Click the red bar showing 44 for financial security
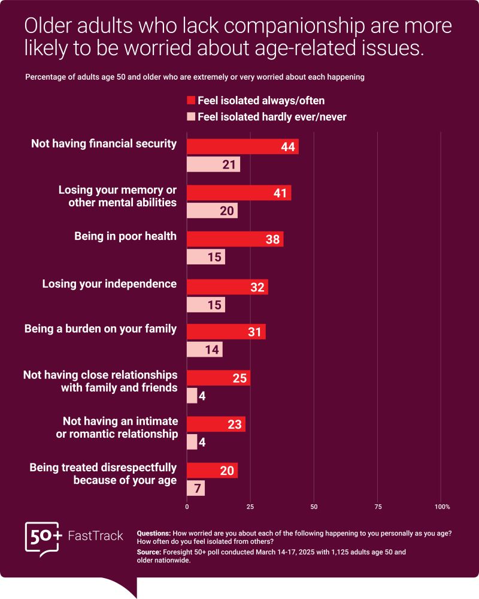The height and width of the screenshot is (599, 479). coord(242,147)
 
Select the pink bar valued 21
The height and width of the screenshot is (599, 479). coord(213,164)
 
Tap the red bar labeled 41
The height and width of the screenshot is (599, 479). coord(239,193)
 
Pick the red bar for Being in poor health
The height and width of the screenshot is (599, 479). coord(235,239)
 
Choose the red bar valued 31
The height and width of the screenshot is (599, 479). coord(226,332)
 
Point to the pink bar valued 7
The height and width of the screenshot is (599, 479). coord(196,488)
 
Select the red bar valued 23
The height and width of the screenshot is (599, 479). coord(216,425)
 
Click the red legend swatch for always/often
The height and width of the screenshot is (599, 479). coord(191,100)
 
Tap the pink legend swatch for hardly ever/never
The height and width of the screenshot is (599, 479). coord(191,116)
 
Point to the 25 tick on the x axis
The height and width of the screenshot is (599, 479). coord(250,507)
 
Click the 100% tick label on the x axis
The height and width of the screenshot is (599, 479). coord(442,507)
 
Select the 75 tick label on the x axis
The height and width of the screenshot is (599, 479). coord(377,507)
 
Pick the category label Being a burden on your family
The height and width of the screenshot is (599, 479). coord(100,329)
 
